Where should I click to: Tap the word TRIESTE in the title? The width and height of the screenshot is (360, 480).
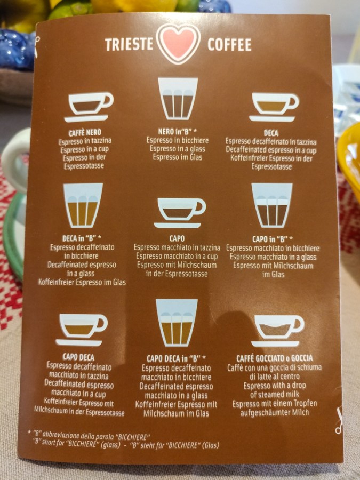(129, 44)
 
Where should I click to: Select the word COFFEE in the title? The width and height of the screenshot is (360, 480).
(229, 45)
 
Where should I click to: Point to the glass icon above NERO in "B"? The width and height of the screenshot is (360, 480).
(178, 98)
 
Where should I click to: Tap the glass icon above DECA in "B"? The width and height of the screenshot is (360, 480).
(83, 205)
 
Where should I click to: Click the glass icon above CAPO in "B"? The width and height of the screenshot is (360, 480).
(272, 205)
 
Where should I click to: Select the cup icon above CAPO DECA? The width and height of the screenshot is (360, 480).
(82, 330)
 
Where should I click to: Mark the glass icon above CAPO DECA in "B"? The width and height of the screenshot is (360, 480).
(177, 322)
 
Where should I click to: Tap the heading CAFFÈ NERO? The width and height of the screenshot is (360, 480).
(85, 133)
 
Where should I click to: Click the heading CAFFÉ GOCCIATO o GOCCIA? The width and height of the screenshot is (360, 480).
(275, 358)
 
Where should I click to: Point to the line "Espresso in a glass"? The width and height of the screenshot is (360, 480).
(178, 149)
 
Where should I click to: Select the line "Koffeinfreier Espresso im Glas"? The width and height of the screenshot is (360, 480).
(82, 282)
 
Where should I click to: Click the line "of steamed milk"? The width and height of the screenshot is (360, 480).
(275, 394)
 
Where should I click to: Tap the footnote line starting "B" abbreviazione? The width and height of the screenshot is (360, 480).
(89, 436)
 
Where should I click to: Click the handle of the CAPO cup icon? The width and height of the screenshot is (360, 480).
(199, 207)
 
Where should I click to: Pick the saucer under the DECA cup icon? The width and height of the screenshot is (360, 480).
(272, 119)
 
